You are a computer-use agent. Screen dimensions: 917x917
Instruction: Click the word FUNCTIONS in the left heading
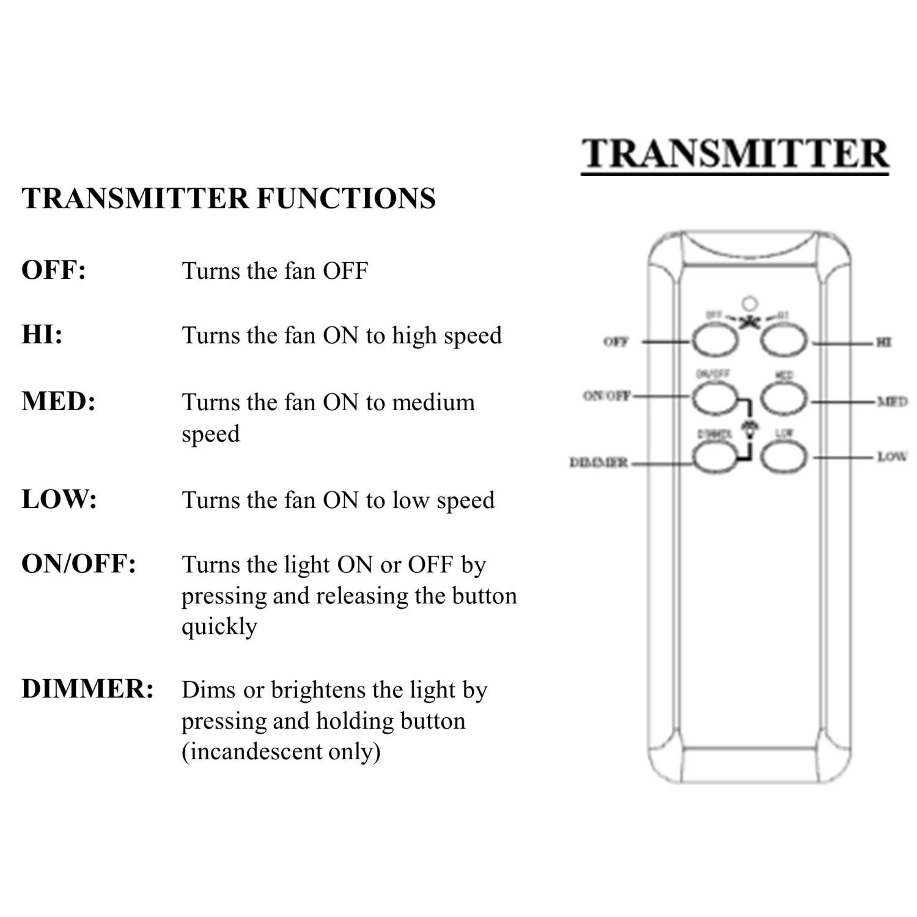tap(345, 199)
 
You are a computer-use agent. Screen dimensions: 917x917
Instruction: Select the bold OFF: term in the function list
tap(54, 270)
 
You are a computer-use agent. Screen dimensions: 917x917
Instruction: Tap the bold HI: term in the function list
tap(42, 335)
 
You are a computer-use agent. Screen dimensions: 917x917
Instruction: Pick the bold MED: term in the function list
tap(58, 402)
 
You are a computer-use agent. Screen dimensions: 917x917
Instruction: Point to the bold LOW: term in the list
tap(59, 499)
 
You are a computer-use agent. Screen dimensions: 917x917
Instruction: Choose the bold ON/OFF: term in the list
tap(78, 564)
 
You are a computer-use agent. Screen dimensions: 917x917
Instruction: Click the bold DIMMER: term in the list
tap(87, 689)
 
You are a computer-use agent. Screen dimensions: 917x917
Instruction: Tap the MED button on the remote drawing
tap(783, 399)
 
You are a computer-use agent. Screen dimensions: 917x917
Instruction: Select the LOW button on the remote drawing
tap(783, 457)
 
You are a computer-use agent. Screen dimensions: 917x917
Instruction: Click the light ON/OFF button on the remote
tap(714, 399)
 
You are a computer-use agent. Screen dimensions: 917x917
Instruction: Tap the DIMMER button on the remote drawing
tap(714, 457)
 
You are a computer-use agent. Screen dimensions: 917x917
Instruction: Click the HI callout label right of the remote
tap(883, 342)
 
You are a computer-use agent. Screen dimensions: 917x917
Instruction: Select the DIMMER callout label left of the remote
tap(598, 463)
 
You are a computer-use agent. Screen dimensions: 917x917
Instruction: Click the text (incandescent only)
tap(281, 751)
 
